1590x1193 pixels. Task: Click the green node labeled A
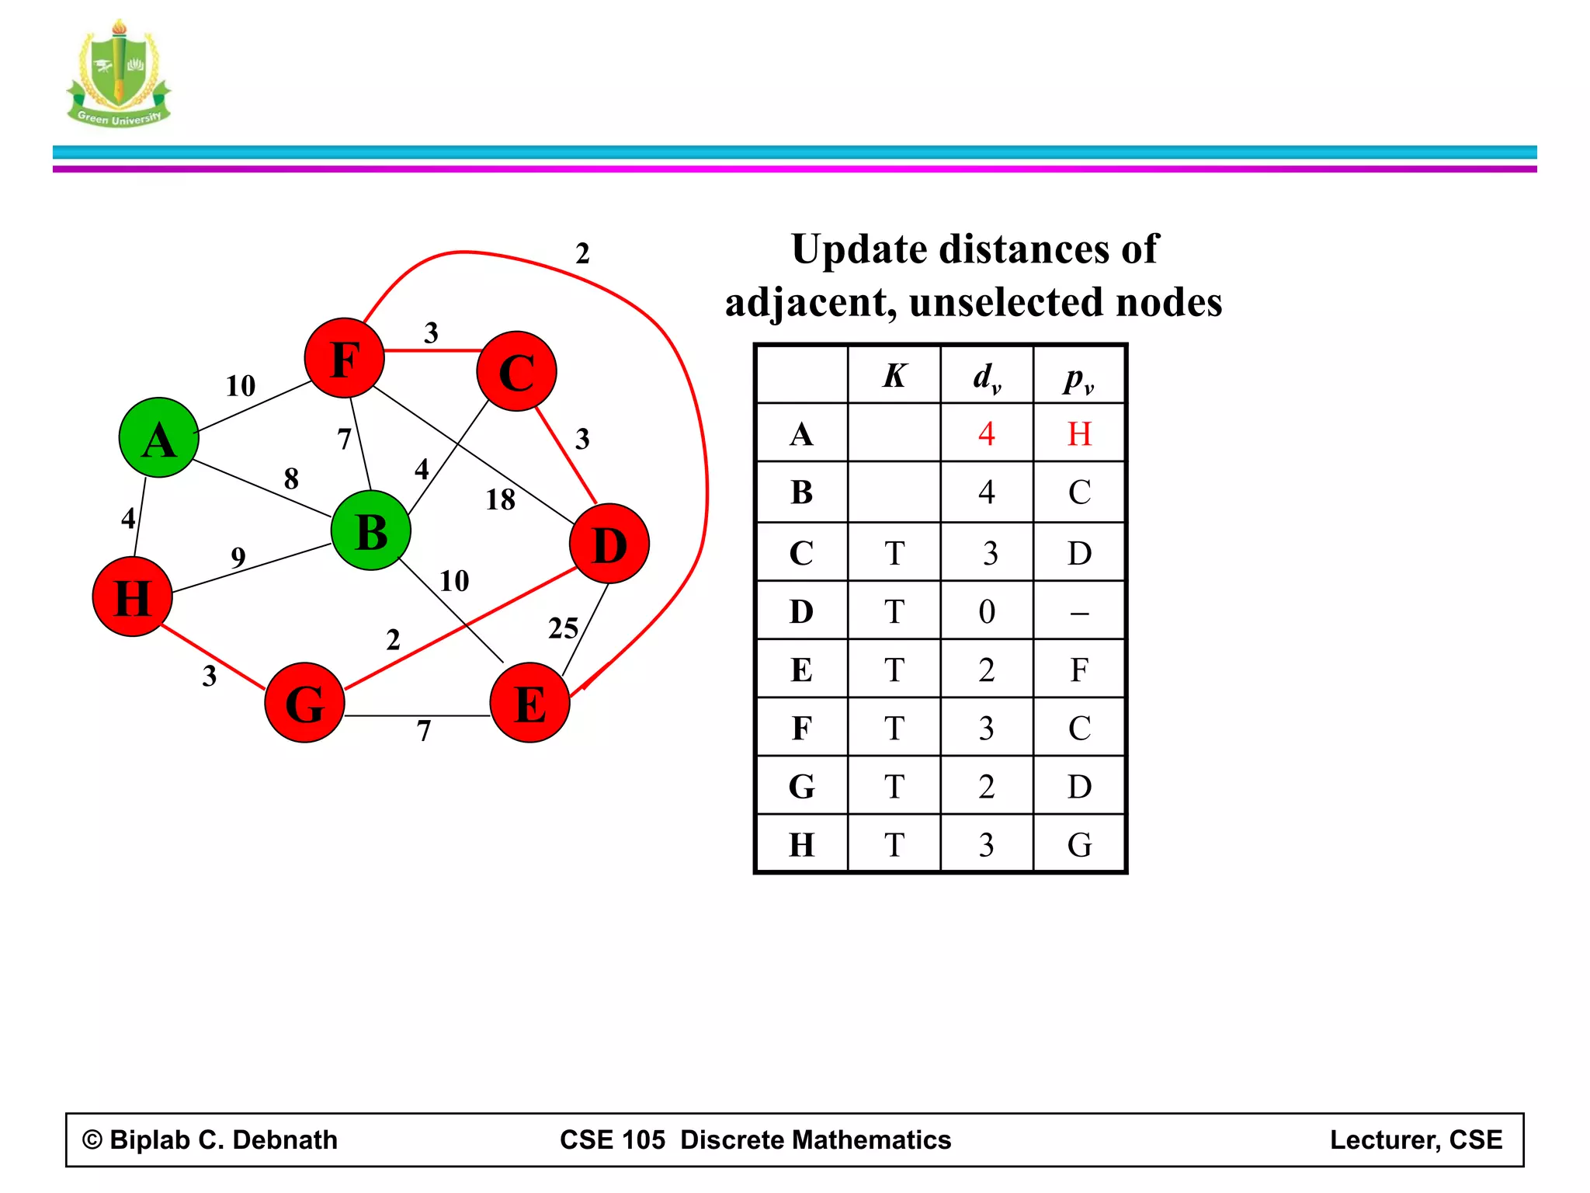[159, 438]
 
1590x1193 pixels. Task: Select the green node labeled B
[371, 531]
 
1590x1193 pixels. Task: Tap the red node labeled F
[345, 358]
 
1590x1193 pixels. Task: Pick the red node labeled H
[132, 596]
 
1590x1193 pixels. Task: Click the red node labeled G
[304, 702]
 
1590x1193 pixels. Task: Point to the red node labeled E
[530, 702]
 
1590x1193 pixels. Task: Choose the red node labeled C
[517, 371]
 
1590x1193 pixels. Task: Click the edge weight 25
[564, 628]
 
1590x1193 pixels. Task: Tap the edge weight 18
[501, 499]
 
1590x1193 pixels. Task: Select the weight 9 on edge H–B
[238, 557]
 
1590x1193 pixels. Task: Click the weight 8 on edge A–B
[291, 478]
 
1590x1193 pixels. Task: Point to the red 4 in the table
[986, 433]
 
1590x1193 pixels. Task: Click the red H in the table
[1079, 433]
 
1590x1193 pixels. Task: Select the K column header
[894, 376]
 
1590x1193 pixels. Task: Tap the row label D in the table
[801, 611]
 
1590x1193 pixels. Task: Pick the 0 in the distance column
[986, 611]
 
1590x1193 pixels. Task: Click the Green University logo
[119, 75]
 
